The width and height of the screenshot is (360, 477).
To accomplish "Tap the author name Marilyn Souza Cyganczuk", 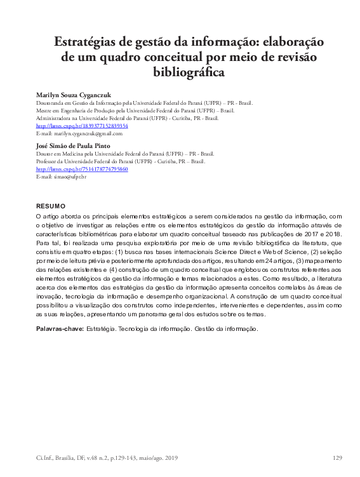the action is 74,95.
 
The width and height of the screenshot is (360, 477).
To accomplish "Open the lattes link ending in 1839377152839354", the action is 82,126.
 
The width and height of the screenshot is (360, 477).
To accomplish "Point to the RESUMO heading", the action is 51,206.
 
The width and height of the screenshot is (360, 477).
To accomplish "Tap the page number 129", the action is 337,458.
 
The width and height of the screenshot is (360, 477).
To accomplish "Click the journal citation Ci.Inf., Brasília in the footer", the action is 59,458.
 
